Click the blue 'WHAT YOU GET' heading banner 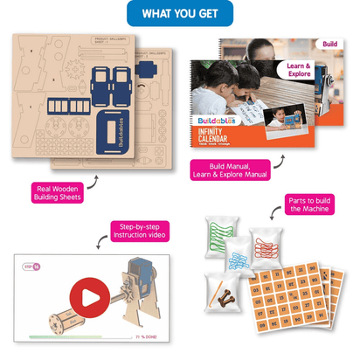point(179,14)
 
